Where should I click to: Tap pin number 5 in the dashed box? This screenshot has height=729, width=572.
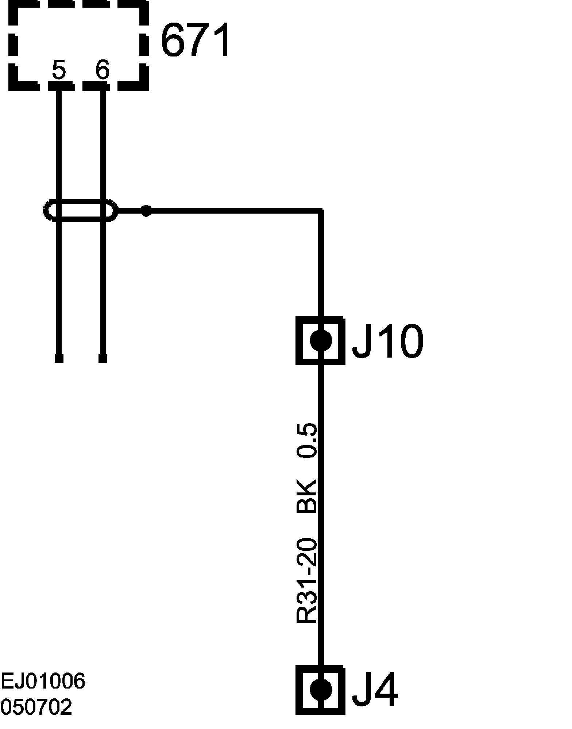(59, 70)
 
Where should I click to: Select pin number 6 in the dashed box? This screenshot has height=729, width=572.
(103, 70)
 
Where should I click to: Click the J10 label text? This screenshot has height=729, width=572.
(387, 341)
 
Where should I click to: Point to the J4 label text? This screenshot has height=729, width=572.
(375, 690)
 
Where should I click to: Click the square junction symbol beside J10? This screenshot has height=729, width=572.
(321, 340)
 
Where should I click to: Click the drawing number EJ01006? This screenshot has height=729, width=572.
(43, 681)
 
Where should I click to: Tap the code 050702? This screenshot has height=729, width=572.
(36, 708)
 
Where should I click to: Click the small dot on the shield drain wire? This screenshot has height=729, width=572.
(146, 210)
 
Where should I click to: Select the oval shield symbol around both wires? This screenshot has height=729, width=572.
(80, 210)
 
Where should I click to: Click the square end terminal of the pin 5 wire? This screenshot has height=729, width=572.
(59, 358)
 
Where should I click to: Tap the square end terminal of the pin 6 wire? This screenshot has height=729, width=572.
(103, 358)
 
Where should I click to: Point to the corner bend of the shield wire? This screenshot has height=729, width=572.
(321, 210)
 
